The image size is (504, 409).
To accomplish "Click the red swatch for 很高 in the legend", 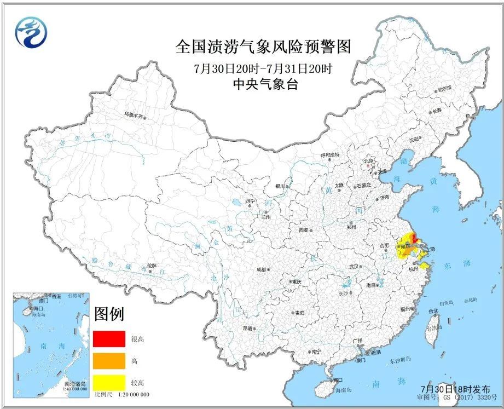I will coord(107,339).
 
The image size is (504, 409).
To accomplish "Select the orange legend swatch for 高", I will coord(107,361).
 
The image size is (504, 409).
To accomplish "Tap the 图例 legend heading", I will coord(109,314).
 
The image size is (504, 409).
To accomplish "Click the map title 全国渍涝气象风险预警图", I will coord(263,47).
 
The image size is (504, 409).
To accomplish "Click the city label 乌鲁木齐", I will coord(135,116).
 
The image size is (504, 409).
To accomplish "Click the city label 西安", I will coord(304,231).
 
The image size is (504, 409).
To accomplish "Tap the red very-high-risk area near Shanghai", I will coord(414,238).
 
